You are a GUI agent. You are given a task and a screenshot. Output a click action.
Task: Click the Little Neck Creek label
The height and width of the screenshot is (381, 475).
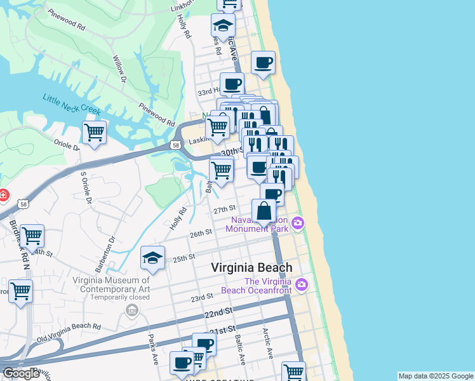(72, 105)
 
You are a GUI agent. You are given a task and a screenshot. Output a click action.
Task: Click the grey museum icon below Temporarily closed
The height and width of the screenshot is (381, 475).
(131, 310)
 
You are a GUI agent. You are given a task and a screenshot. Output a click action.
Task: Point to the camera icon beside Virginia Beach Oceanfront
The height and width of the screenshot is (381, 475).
(302, 284)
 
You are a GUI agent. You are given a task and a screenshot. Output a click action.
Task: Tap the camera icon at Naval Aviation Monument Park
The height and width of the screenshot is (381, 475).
(297, 223)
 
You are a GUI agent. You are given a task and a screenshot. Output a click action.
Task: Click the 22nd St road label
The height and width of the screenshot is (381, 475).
(218, 312)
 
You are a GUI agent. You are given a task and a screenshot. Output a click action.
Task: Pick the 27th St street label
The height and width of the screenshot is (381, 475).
(224, 209)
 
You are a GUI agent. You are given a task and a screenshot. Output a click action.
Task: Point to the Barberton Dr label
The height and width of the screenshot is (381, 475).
(105, 253)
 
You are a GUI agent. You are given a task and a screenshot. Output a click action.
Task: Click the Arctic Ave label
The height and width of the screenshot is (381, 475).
(269, 345)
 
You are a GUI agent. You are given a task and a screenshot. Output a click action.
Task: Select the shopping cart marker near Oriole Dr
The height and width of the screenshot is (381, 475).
(94, 133)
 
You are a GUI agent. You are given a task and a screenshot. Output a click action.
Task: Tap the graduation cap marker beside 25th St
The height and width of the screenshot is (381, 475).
(152, 258)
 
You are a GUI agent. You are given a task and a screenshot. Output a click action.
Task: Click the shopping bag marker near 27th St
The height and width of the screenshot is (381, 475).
(264, 211)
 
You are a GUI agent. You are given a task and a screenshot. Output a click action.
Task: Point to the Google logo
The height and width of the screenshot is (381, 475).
(22, 373)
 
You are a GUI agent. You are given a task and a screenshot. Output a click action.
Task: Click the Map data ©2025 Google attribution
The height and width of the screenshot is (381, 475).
(436, 376)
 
